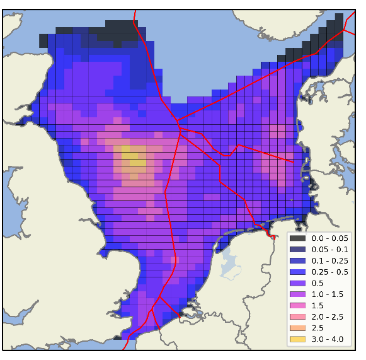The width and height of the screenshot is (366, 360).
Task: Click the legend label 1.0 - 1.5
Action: [327, 294]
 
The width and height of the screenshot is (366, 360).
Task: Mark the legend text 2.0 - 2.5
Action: [327, 317]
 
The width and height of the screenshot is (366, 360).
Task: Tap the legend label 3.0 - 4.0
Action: [327, 340]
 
